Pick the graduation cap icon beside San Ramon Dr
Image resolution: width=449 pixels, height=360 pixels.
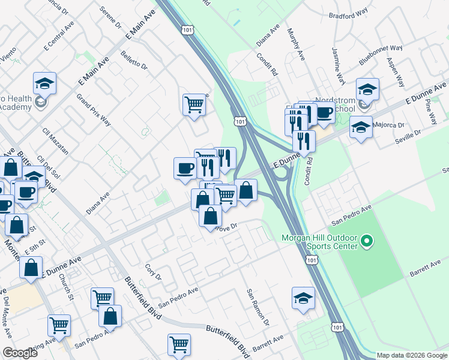pos(303,298)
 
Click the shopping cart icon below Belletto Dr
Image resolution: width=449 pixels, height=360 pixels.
pos(194,104)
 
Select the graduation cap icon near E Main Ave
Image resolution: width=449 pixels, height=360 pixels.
pos(44,83)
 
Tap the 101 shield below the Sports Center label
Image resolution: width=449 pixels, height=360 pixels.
pos(310,258)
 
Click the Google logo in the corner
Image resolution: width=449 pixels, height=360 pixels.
pos(20,353)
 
